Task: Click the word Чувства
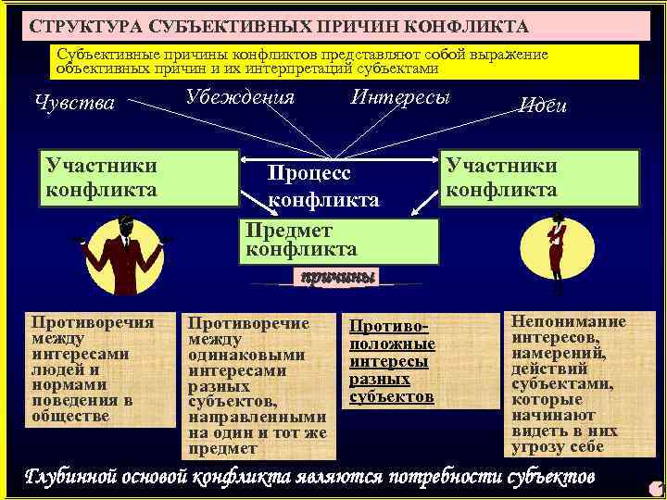pos(74,103)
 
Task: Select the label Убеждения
pos(240,97)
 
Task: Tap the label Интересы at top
pos(400,97)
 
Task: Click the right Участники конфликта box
pos(540,178)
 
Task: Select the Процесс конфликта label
pos(323,185)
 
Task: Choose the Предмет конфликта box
pos(339,241)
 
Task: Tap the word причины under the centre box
pos(335,277)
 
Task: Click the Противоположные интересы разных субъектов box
pos(391,361)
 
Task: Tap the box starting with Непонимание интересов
pos(569,383)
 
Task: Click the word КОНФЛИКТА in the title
pos(472,25)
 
